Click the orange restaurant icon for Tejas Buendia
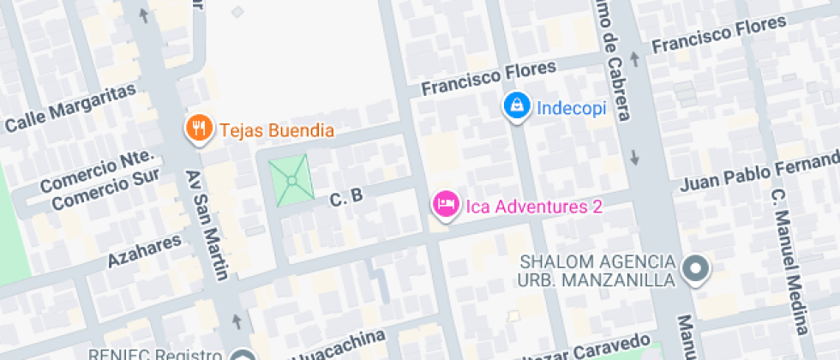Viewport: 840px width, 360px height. [199, 129]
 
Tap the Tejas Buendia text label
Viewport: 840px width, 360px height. [275, 131]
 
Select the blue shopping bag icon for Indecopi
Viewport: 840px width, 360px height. [516, 106]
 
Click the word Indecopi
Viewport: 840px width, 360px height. [571, 108]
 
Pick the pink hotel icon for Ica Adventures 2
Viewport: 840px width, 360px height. [444, 204]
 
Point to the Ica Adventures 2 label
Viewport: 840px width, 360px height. [533, 206]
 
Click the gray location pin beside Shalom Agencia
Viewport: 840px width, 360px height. [695, 269]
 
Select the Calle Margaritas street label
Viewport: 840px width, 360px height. [71, 108]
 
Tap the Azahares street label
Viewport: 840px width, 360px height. [145, 249]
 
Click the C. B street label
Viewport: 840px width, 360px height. [346, 197]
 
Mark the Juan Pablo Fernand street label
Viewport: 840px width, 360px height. [759, 172]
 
